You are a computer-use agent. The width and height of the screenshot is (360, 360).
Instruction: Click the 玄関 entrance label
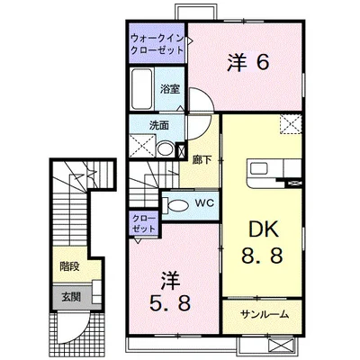point(70,294)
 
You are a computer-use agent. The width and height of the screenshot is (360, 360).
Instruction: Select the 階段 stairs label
point(69,267)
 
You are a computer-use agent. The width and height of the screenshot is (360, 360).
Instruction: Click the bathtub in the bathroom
point(142,91)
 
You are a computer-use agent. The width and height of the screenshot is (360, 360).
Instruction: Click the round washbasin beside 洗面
point(165,148)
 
